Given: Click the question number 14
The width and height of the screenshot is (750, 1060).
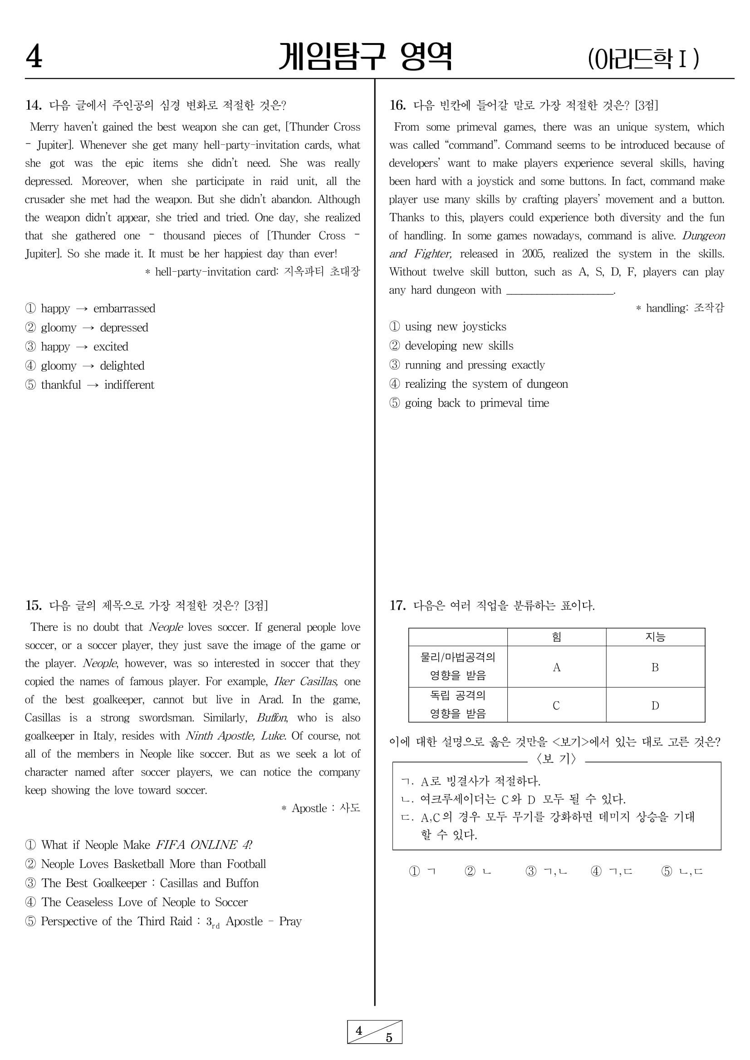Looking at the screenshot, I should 33,105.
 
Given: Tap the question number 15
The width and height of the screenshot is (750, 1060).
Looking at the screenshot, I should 33,605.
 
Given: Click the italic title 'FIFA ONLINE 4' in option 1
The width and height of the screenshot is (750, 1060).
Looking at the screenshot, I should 203,845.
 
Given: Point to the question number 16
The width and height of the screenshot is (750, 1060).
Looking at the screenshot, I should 397,105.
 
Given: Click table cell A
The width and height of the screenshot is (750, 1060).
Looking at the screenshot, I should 557,667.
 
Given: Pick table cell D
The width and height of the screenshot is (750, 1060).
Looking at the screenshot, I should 655,705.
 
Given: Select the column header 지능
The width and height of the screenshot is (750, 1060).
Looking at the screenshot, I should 655,637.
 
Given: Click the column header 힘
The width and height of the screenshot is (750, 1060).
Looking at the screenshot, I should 557,637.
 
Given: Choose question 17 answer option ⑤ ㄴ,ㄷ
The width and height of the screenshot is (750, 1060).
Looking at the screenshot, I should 681,871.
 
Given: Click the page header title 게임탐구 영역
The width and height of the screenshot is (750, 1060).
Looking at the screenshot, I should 365,57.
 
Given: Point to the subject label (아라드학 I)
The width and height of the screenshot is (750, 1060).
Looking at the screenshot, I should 643,59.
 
